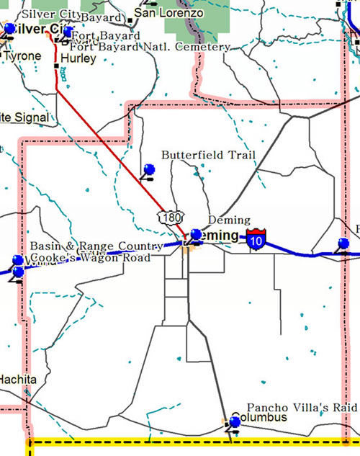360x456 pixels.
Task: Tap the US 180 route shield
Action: [x=171, y=218]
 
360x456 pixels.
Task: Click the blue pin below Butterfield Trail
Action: [x=149, y=170]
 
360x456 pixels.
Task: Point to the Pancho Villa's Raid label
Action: [x=302, y=407]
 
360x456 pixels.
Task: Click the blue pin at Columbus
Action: [x=234, y=422]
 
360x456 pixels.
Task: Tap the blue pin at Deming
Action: [x=196, y=234]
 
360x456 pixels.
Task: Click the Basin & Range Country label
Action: [x=96, y=246]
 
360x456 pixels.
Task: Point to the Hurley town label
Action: [x=78, y=58]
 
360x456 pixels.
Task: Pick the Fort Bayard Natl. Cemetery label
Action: [x=150, y=47]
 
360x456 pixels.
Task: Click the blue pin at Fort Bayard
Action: [x=68, y=32]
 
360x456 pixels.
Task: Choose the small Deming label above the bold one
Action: [x=228, y=220]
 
